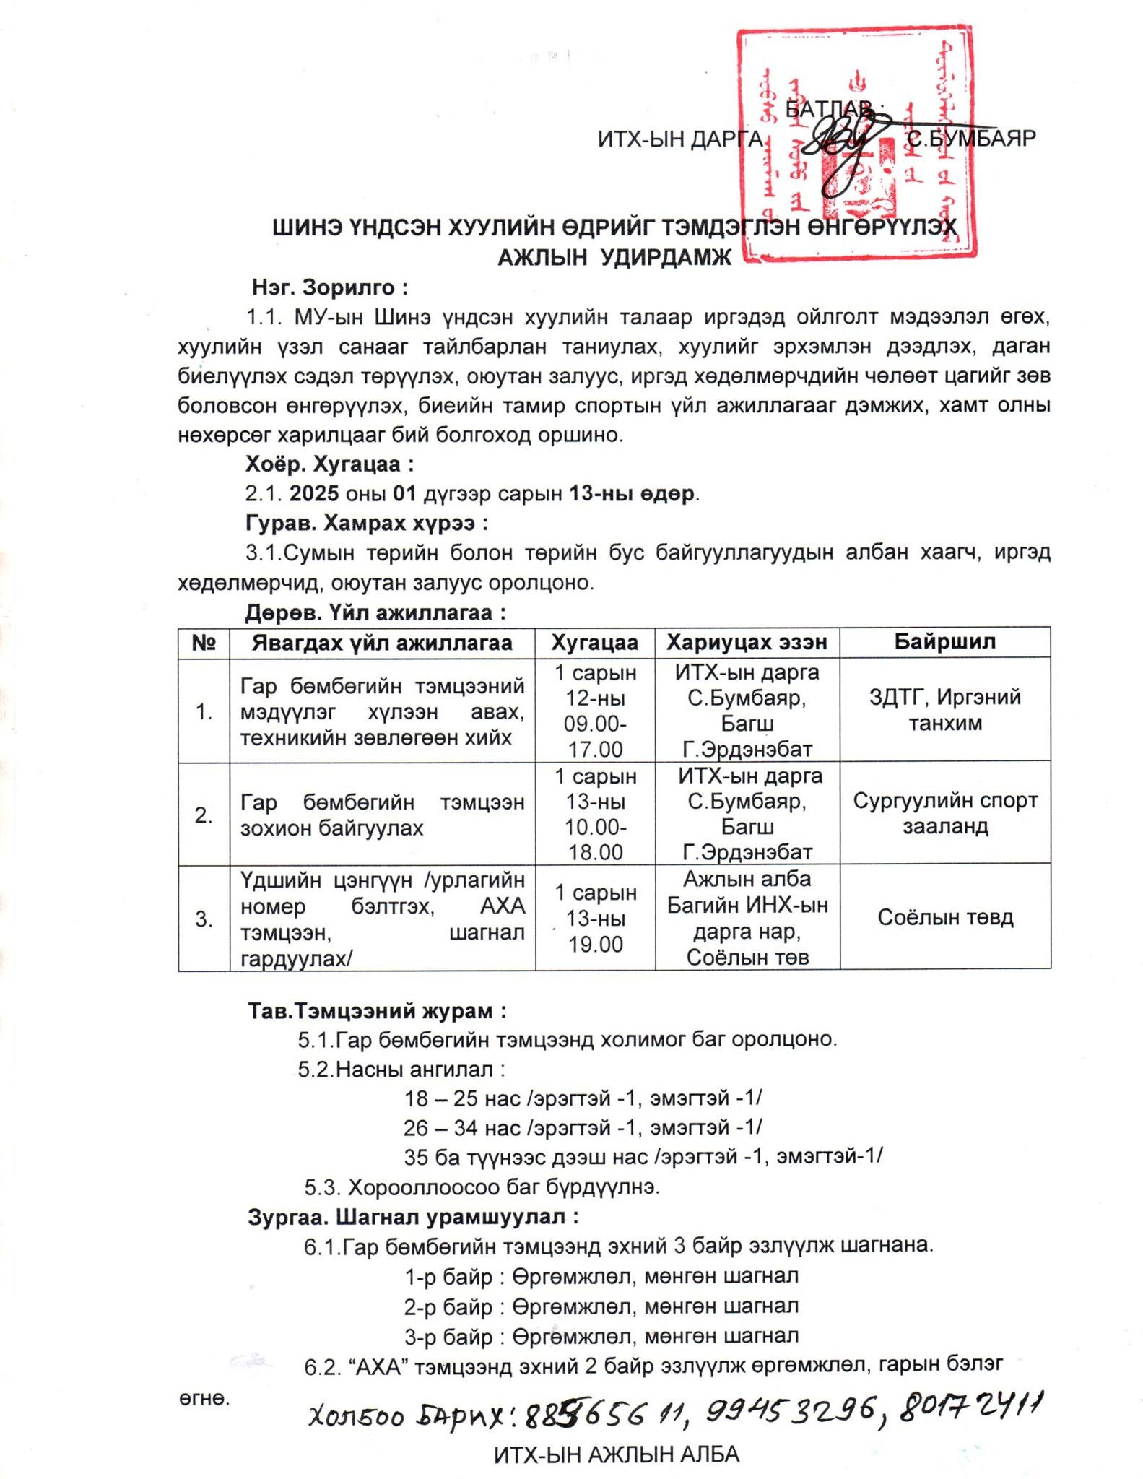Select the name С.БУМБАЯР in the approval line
point(971,138)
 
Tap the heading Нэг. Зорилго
point(330,287)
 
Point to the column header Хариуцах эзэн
point(747,642)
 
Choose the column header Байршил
point(944,641)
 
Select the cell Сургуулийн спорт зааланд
point(944,813)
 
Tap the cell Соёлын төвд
point(944,917)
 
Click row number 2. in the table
point(204,815)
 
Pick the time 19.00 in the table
point(595,944)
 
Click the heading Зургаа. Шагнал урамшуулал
point(413,1217)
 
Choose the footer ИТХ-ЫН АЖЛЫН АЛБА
point(617,1454)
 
